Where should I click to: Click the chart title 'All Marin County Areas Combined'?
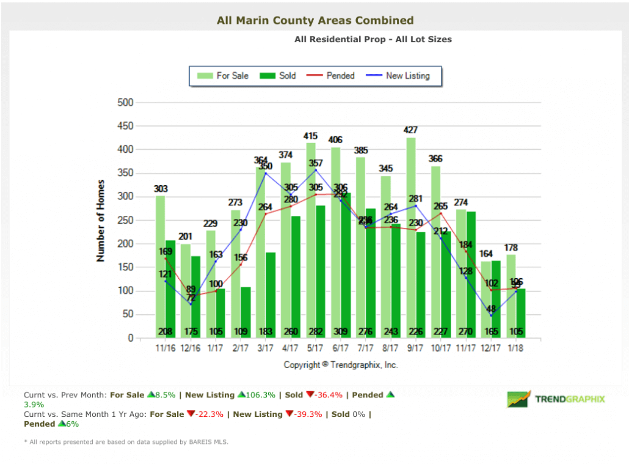coord(315,21)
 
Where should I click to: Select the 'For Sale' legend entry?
coord(223,76)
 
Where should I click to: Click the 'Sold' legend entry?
coord(278,76)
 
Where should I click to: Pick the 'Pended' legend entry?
coord(332,76)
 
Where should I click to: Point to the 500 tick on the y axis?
coord(125,103)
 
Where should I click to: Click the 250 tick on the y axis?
coord(125,221)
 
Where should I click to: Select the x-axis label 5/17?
coord(315,348)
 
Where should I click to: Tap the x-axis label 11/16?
coord(165,348)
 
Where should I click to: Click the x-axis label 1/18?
coord(515,348)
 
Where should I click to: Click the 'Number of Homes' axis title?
coord(101,221)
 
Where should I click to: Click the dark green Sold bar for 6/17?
coord(346,263)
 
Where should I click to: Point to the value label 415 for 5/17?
coord(311,136)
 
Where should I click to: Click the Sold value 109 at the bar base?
coord(241,332)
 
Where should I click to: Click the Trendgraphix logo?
coord(556,399)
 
